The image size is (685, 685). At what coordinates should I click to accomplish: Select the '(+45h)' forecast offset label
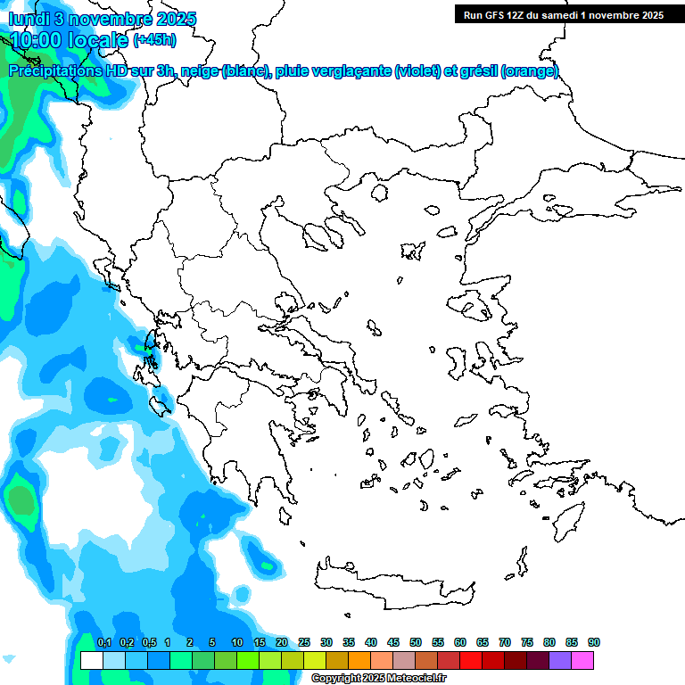tap(154, 40)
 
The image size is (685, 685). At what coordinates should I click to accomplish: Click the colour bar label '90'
tap(594, 643)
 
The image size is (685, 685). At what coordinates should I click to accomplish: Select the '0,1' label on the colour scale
tap(103, 643)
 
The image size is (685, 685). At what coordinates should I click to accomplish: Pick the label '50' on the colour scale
tap(416, 643)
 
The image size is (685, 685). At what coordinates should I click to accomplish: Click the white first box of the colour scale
tap(91, 660)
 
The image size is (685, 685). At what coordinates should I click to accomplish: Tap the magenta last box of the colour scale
tap(582, 660)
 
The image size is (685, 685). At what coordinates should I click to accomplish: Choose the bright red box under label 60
tap(471, 660)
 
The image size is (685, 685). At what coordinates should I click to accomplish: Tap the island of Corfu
tap(152, 342)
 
